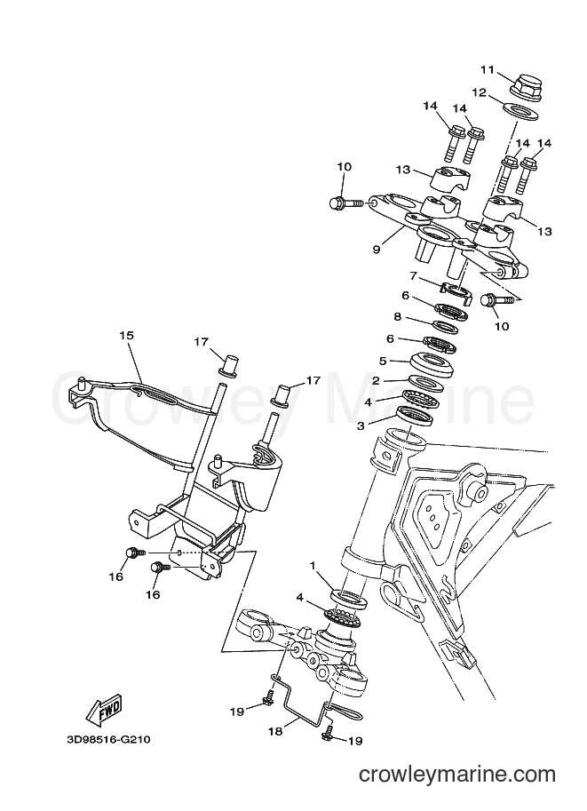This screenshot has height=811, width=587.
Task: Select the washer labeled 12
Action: (520, 111)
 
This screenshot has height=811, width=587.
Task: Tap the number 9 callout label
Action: (376, 250)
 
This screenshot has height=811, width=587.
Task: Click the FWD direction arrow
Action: (105, 707)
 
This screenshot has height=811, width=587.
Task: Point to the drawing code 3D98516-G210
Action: (107, 739)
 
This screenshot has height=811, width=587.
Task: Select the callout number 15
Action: (126, 335)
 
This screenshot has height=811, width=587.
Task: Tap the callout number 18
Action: (275, 731)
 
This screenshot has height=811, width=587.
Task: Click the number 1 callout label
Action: (313, 566)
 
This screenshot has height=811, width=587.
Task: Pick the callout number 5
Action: (383, 360)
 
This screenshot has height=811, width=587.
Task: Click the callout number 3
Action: (361, 425)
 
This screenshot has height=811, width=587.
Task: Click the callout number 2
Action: (376, 381)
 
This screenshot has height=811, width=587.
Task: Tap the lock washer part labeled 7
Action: (457, 291)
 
